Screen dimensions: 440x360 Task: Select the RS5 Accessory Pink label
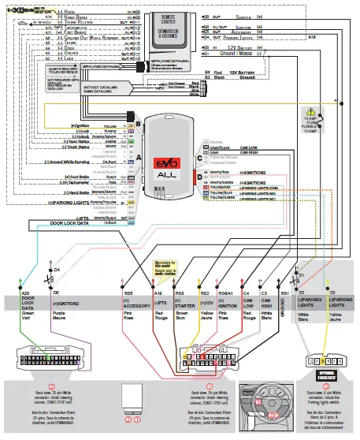coord(131,304)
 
